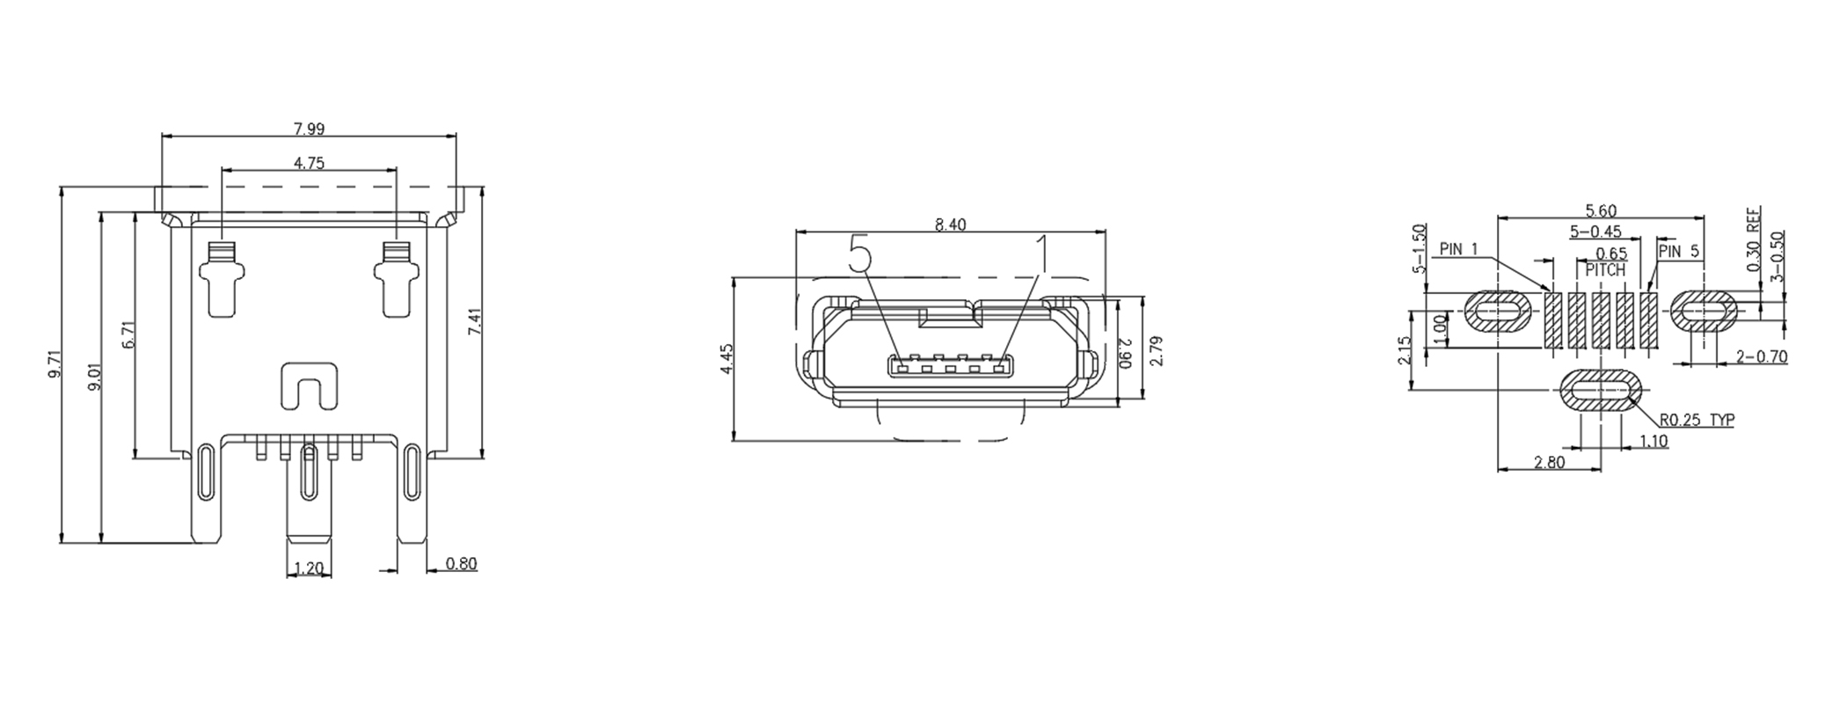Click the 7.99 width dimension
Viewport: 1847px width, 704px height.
click(309, 129)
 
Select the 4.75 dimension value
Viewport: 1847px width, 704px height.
click(309, 163)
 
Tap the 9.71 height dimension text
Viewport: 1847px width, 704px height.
click(55, 364)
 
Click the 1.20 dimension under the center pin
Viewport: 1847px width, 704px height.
click(309, 568)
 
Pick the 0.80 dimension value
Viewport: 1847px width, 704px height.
click(462, 563)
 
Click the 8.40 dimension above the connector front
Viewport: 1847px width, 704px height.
click(950, 225)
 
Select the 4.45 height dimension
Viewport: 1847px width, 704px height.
click(726, 359)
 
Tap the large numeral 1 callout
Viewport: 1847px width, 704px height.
click(1042, 255)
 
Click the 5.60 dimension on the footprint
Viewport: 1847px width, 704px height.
click(1600, 211)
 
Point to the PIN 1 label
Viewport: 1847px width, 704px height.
click(1459, 249)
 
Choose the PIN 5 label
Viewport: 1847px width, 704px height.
click(1679, 252)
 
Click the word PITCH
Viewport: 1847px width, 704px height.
click(1605, 271)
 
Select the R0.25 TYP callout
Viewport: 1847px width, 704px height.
click(1697, 421)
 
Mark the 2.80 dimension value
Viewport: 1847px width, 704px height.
click(1549, 462)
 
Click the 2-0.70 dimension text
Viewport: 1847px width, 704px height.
click(1762, 356)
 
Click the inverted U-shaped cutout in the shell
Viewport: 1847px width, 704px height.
click(309, 386)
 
